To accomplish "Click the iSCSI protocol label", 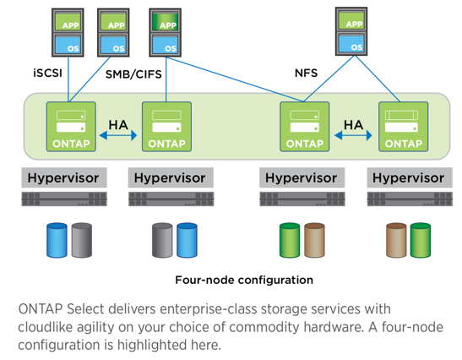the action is [48, 73].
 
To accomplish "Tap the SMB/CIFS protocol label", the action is [133, 74].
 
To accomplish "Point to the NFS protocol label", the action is [306, 73].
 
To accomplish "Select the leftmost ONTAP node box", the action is [71, 127].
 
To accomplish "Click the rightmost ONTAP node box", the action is [404, 127].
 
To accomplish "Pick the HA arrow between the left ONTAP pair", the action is [118, 135].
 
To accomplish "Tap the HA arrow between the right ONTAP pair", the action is [353, 135].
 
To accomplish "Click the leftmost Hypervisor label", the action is [63, 177].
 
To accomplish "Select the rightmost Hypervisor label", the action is [410, 177].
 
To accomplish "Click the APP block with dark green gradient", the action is [166, 22].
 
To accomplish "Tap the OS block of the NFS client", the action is [351, 43].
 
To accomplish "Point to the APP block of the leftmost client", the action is [68, 22].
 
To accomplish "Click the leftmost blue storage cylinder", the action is [57, 240].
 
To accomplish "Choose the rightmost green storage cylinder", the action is [421, 240].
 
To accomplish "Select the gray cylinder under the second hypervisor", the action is [162, 240].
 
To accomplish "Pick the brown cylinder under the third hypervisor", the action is [314, 240].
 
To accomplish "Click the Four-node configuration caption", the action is [244, 280].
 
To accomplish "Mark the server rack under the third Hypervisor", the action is [302, 199].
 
